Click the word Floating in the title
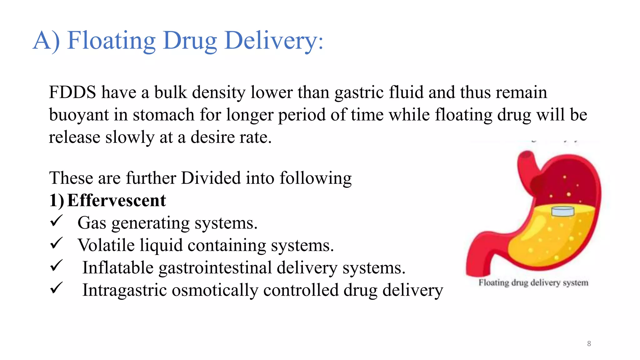tap(111, 41)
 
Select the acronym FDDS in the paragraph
tap(72, 92)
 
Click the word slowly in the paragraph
tap(130, 137)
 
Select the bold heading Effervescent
tap(117, 200)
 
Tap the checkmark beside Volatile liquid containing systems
tap(57, 243)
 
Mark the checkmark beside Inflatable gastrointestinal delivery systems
tap(57, 266)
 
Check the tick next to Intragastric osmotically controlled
tap(57, 288)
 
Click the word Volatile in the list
tap(106, 245)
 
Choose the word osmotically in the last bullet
tap(215, 290)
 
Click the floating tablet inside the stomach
tap(563, 211)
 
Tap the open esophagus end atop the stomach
tap(527, 155)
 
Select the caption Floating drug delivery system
tap(533, 283)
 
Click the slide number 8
tap(589, 344)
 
